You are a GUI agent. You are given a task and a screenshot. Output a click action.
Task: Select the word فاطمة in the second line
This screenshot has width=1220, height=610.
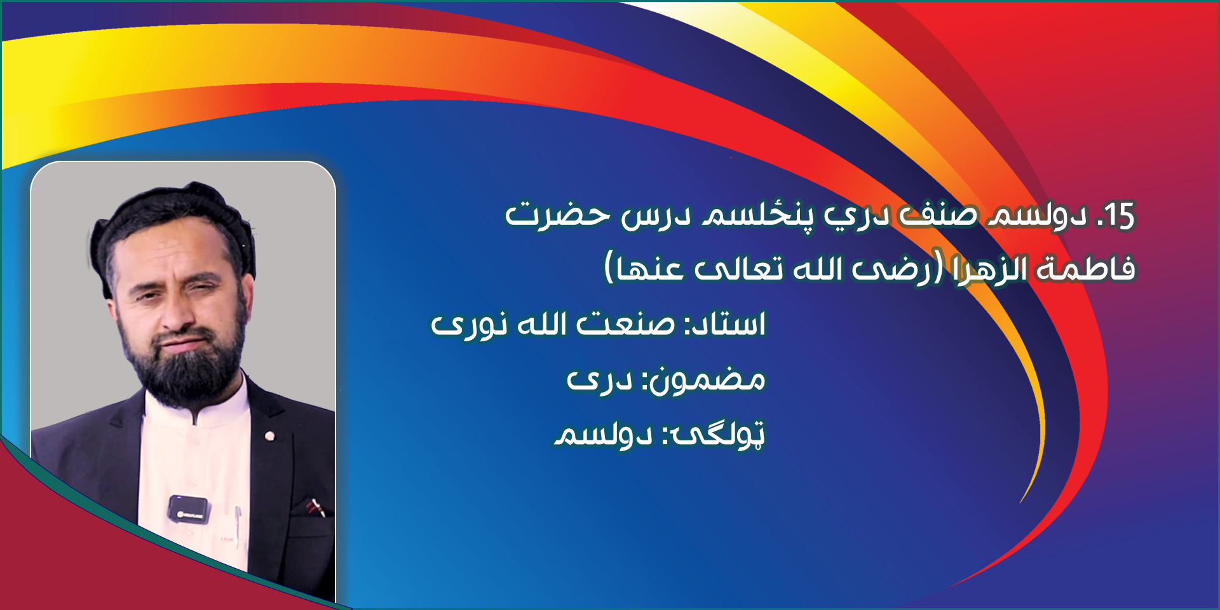pyautogui.click(x=1086, y=269)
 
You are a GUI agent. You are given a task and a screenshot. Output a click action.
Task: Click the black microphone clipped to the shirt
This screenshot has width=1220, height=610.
pyautogui.click(x=188, y=509)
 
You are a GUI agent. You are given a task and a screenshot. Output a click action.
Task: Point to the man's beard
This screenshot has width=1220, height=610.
pyautogui.click(x=184, y=362)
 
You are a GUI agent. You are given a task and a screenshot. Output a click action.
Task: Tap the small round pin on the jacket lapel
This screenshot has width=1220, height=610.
pyautogui.click(x=270, y=436)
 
